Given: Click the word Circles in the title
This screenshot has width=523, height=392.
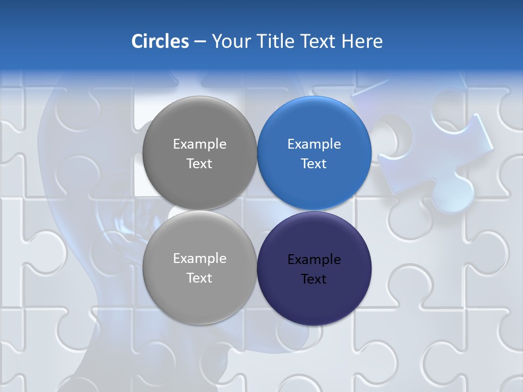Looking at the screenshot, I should click(x=160, y=41).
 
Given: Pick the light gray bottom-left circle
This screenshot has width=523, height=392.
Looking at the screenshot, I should click(x=199, y=294).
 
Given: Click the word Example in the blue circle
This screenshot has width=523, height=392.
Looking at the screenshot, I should click(x=314, y=144).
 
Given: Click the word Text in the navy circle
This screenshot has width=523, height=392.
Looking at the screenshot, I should click(x=314, y=279).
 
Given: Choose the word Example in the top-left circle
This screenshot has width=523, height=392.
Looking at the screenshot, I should click(x=199, y=144).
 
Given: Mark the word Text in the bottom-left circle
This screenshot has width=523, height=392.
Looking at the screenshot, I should click(x=199, y=278).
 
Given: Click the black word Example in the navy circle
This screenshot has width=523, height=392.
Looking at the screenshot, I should click(x=314, y=260).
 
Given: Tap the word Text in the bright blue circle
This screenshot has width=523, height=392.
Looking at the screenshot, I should click(x=314, y=164).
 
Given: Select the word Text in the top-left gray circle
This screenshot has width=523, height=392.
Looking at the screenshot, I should click(x=199, y=164).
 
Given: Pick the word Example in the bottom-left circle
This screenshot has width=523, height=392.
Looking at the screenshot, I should click(x=199, y=259).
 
